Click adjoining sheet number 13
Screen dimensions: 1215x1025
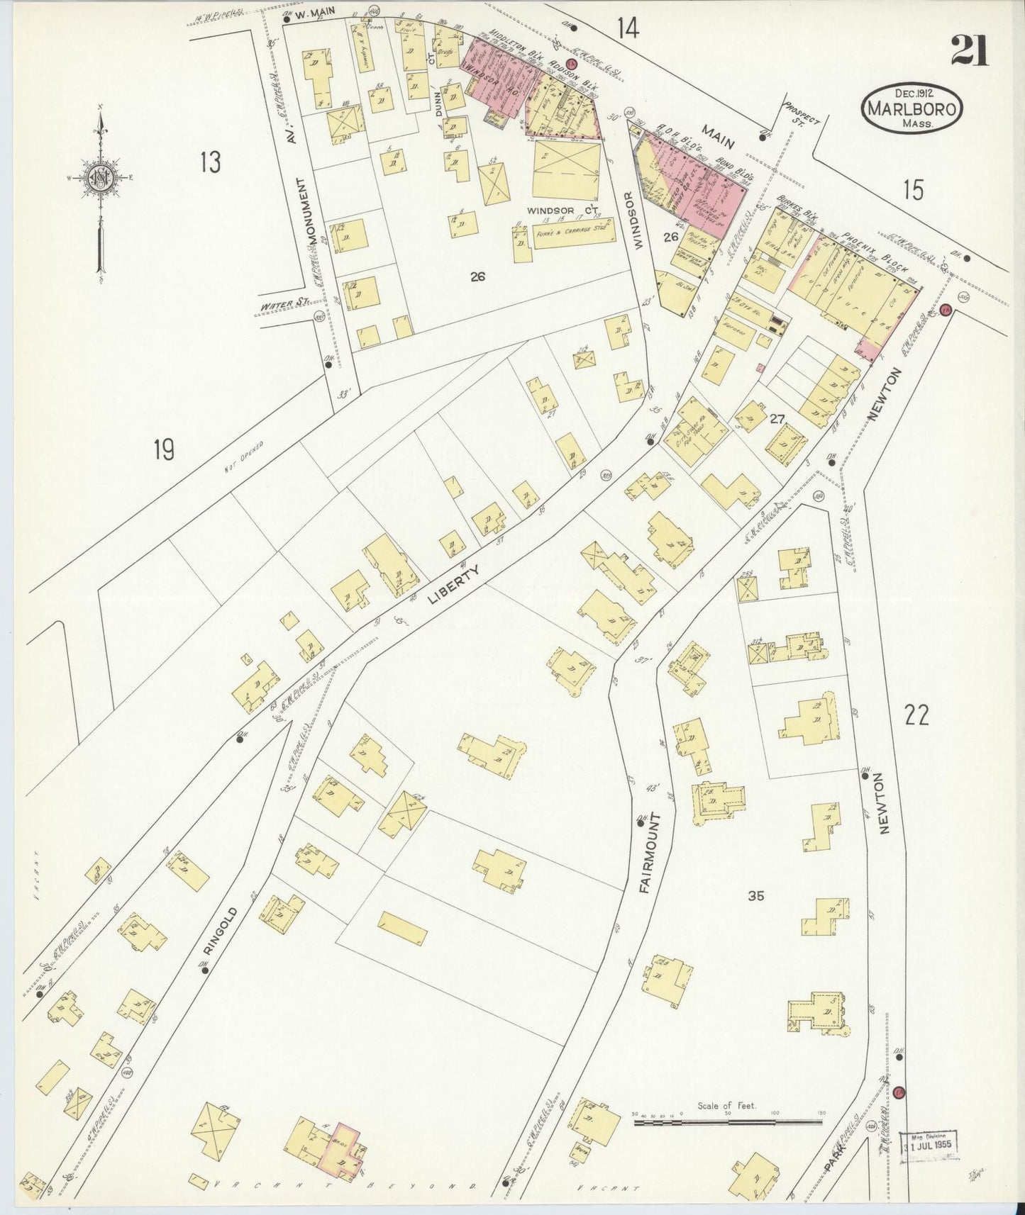pyautogui.click(x=210, y=162)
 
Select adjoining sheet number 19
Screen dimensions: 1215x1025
pyautogui.click(x=164, y=449)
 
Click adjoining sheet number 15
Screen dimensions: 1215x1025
pyautogui.click(x=914, y=190)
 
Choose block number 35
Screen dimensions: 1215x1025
pyautogui.click(x=756, y=895)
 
